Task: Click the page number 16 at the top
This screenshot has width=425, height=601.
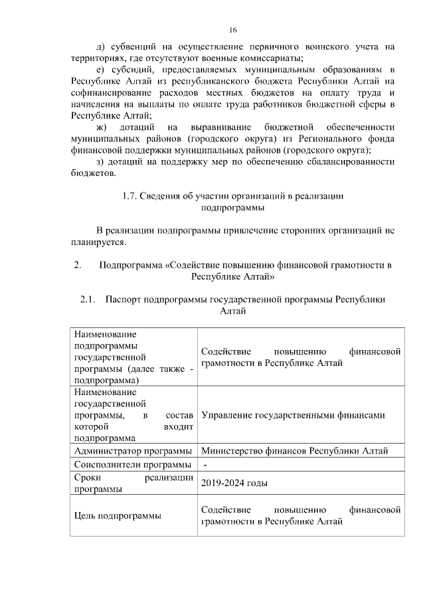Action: tap(232, 30)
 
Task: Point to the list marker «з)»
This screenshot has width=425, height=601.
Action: tap(100, 162)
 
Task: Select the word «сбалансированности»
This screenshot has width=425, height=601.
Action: tap(350, 162)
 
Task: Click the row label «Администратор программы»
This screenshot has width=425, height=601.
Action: tap(133, 451)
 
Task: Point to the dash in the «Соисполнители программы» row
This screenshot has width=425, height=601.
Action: tap(205, 464)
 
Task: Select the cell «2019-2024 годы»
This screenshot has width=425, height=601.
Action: tap(229, 483)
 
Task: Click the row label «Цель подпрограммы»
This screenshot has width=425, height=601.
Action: tap(118, 515)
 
